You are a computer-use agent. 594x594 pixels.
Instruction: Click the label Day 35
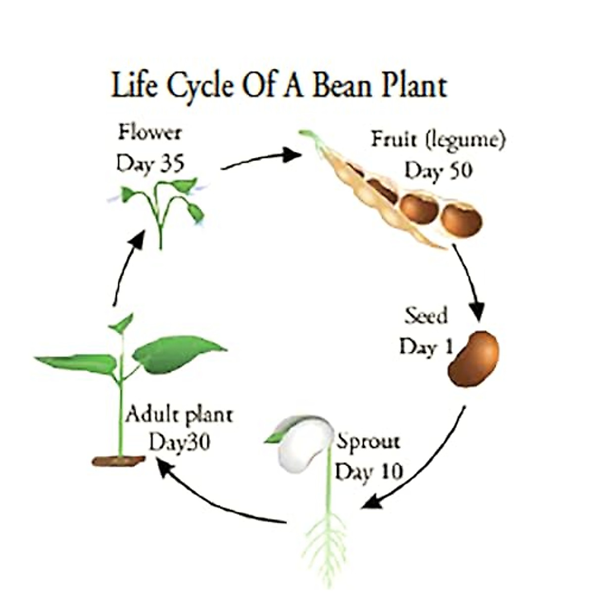tap(149, 163)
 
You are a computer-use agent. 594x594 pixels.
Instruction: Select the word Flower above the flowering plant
tap(150, 133)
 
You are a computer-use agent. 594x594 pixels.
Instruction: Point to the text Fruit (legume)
tap(438, 140)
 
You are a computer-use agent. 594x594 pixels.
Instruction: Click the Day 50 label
tap(438, 170)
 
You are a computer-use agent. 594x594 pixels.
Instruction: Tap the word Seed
tap(426, 315)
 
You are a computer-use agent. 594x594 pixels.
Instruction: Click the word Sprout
tap(368, 441)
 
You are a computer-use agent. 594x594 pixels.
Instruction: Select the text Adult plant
tap(179, 414)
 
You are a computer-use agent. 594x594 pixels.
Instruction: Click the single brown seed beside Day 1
tap(474, 358)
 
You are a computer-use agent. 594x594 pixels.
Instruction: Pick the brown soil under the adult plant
tap(119, 460)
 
